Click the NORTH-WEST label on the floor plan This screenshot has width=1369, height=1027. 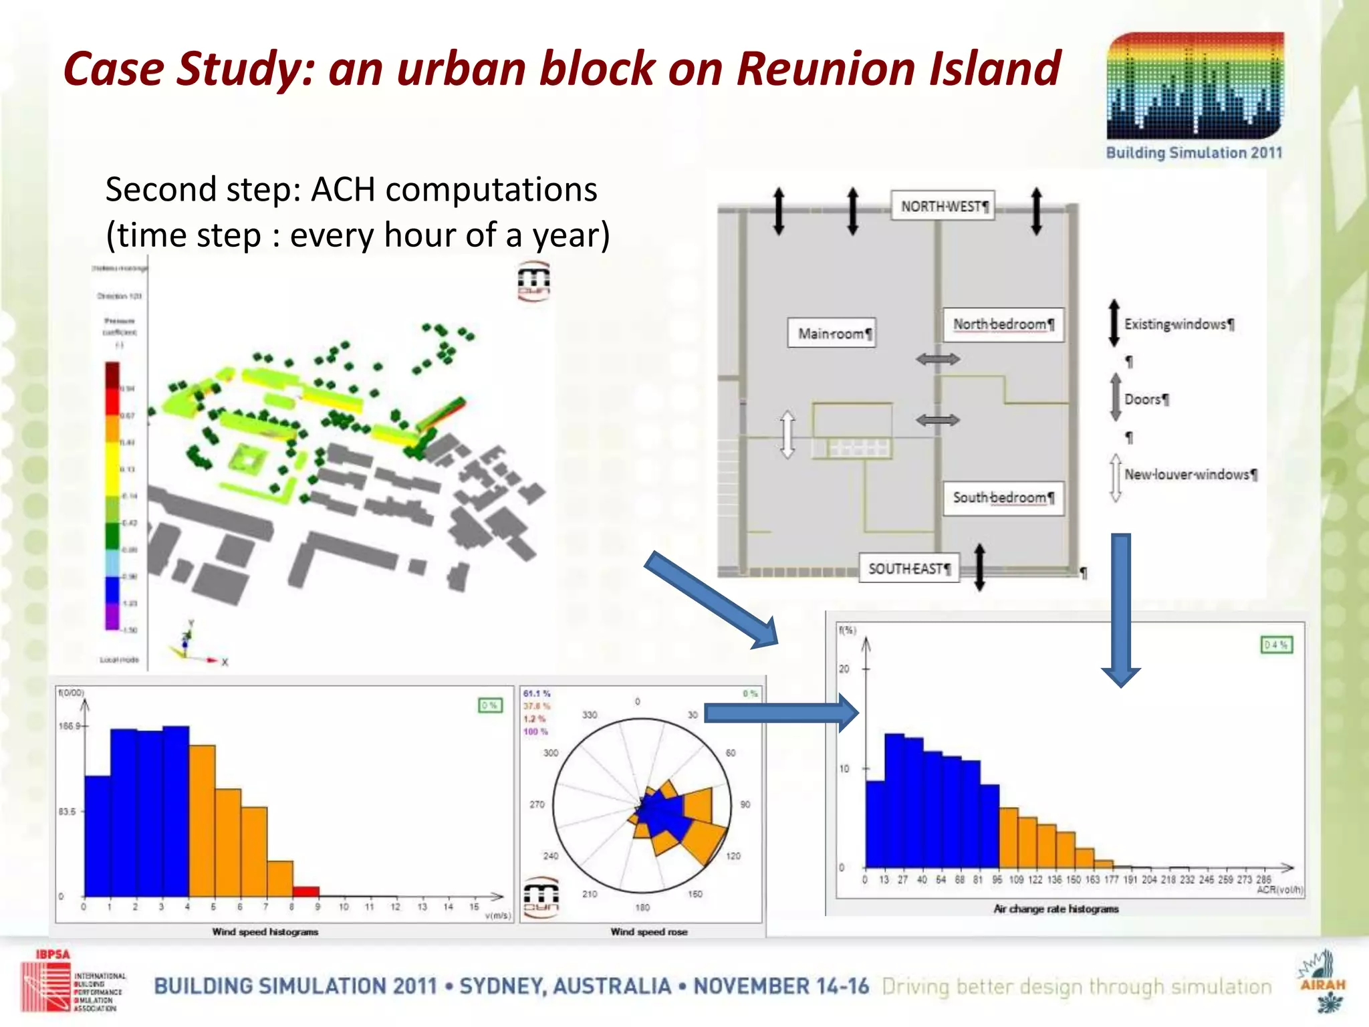pyautogui.click(x=943, y=206)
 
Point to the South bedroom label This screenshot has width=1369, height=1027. pyautogui.click(x=1001, y=497)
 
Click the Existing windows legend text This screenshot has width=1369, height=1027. pyautogui.click(x=1178, y=324)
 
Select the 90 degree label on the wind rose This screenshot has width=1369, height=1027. pyautogui.click(x=745, y=804)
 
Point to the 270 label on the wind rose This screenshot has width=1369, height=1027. pyautogui.click(x=537, y=804)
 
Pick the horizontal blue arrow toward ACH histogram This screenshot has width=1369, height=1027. pyautogui.click(x=779, y=713)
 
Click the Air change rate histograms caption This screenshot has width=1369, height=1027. pyautogui.click(x=1055, y=909)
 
